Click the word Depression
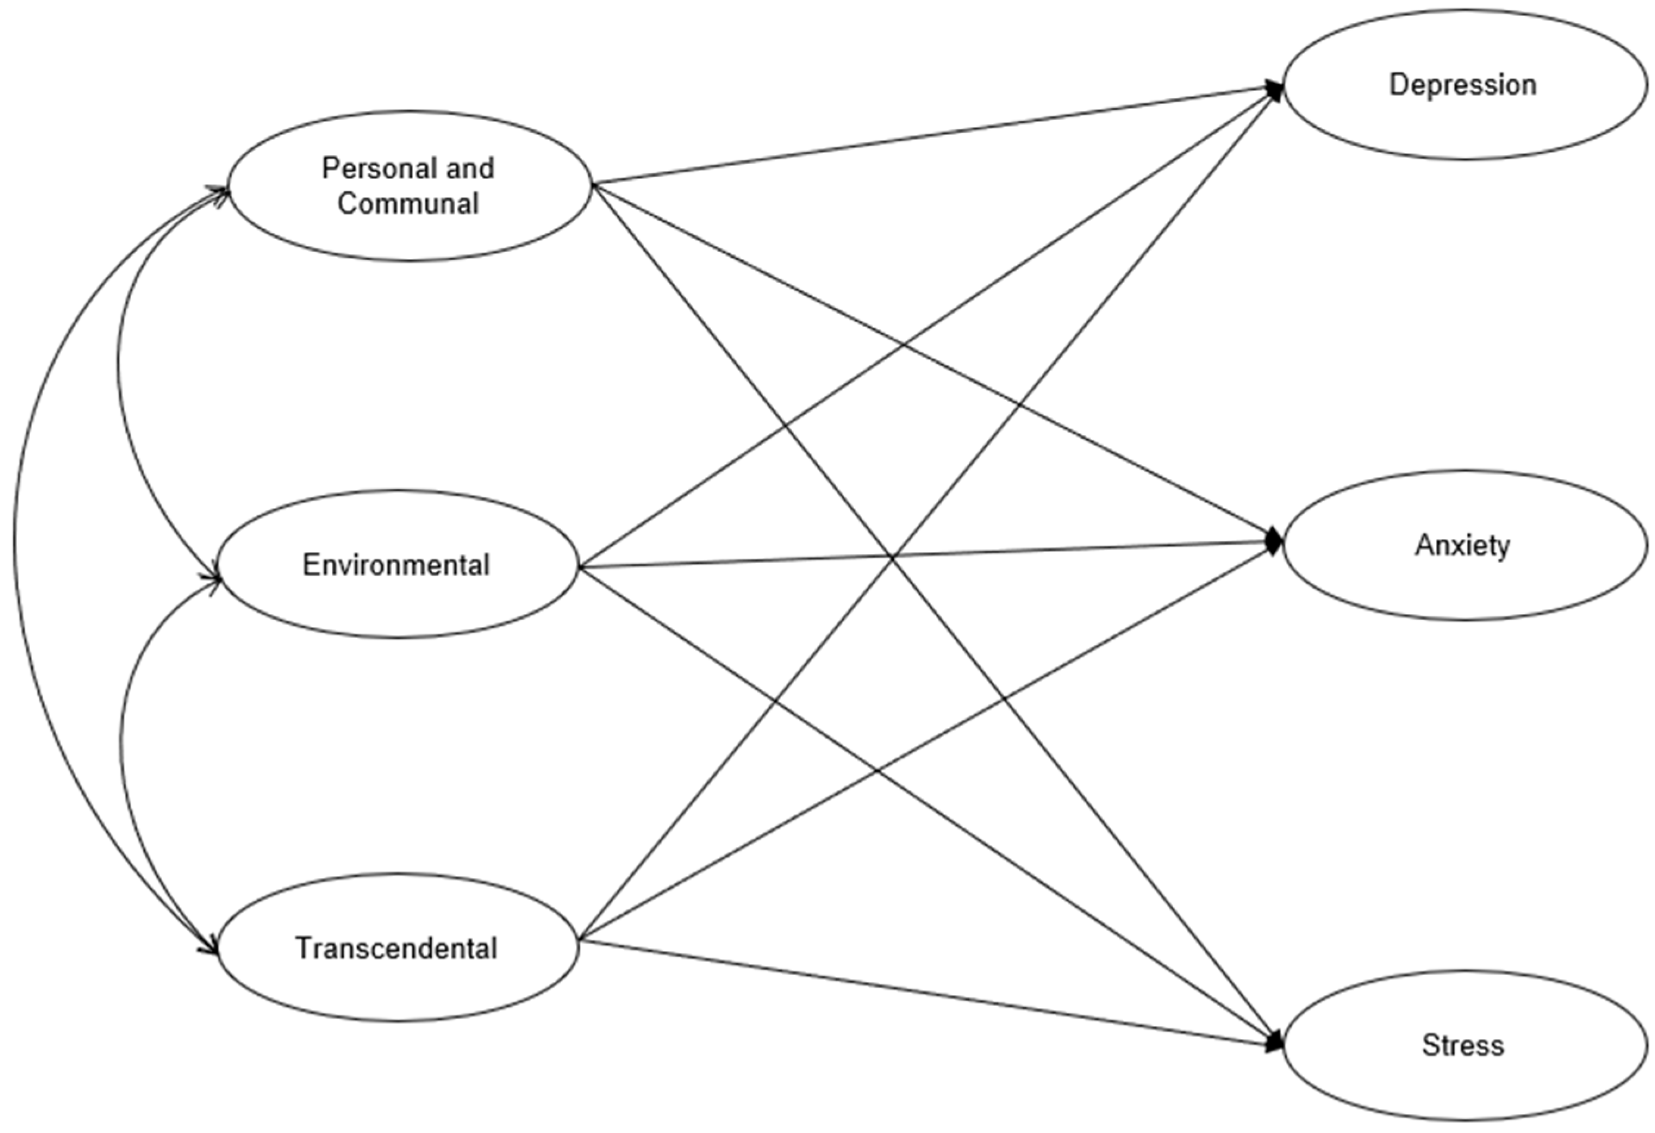(1462, 85)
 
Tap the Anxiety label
(1462, 545)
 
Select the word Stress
(1463, 1045)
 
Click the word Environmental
(396, 565)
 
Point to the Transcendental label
(396, 948)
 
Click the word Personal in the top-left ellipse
(366, 168)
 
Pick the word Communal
(408, 204)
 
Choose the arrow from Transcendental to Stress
(926, 992)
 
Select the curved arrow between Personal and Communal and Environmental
(119, 370)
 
